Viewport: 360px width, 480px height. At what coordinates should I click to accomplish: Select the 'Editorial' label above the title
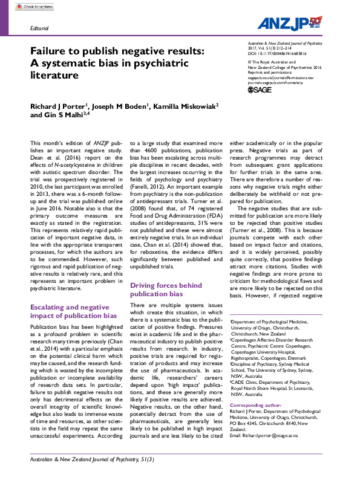pos(39,28)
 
